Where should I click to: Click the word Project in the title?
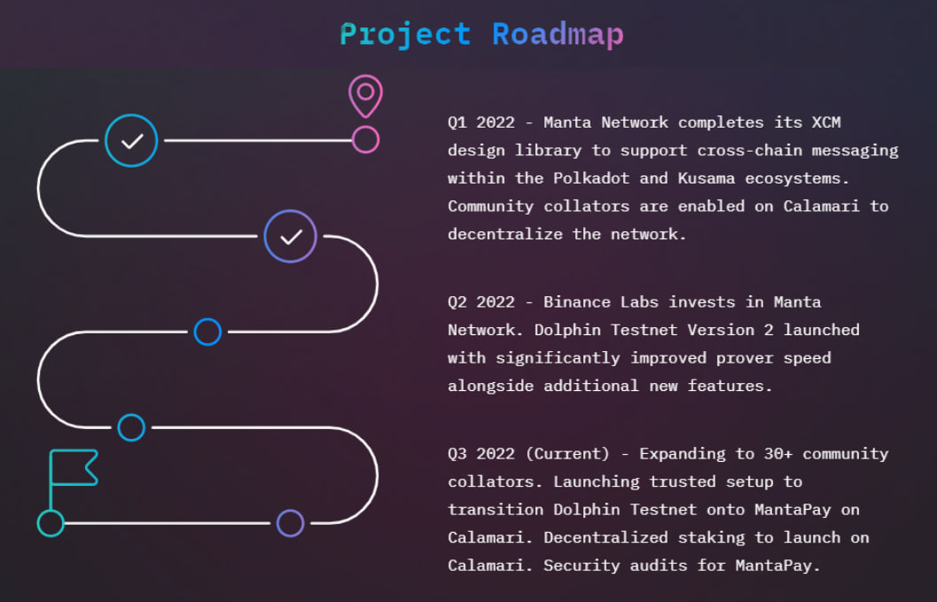click(405, 35)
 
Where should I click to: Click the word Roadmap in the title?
click(558, 35)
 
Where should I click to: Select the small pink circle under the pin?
click(366, 140)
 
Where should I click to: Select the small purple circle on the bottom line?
click(291, 511)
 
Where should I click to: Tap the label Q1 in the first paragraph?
click(457, 122)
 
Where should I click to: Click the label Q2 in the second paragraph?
click(457, 302)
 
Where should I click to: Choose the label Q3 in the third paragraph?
click(457, 454)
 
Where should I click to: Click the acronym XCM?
click(826, 122)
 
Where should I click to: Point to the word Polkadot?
click(591, 178)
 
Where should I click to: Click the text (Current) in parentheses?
click(567, 454)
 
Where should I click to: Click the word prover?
click(745, 358)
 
